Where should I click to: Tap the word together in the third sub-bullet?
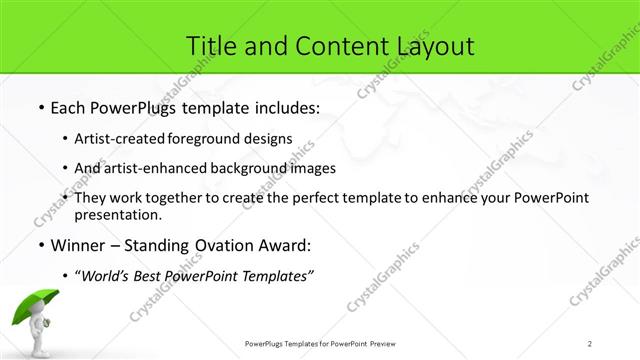point(177,198)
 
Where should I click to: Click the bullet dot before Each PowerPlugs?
point(40,107)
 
